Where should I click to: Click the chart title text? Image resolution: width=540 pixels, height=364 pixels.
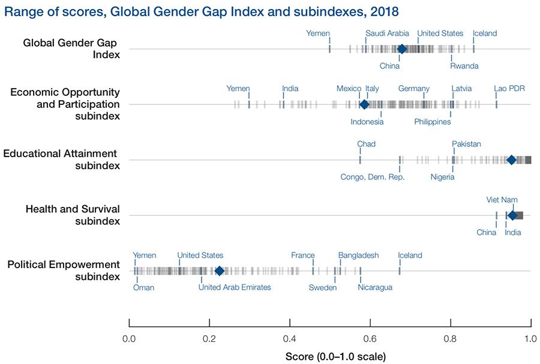coord(201,11)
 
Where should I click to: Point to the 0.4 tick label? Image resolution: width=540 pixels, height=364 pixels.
coord(290,338)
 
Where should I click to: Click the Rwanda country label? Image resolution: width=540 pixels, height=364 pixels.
coord(464,66)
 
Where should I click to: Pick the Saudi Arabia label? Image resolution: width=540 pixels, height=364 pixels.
coord(387,34)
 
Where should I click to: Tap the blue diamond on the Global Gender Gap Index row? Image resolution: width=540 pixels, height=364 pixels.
coord(401,49)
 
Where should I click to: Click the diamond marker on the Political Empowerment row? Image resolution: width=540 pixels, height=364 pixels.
coord(220,271)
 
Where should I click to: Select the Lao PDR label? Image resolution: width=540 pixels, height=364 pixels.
coord(509,89)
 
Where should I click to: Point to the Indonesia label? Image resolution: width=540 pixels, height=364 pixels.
coord(367,122)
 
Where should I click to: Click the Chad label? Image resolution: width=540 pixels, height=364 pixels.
coord(366,144)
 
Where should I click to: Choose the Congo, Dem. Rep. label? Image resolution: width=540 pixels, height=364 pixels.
coord(373,177)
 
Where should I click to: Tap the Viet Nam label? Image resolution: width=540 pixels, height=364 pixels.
coord(502,200)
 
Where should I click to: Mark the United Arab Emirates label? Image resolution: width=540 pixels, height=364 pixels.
coord(235,287)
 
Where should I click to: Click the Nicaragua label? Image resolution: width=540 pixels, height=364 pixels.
coord(375,287)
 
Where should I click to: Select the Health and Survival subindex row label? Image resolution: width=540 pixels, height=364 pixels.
coord(73,215)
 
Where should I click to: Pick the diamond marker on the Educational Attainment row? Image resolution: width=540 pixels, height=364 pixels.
coord(511,160)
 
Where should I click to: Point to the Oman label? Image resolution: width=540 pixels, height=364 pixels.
coord(143,287)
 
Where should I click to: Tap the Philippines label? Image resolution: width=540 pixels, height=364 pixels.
coord(432,122)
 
